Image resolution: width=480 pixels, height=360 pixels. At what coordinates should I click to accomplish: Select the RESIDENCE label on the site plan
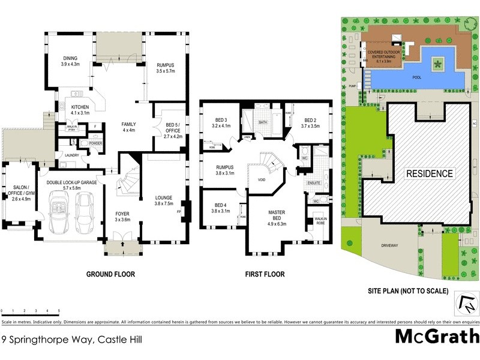430,173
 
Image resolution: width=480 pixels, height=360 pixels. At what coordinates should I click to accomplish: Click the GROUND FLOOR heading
110,274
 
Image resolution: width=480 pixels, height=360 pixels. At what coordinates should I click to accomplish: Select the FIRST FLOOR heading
264,274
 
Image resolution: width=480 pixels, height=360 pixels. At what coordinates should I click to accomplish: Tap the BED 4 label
221,208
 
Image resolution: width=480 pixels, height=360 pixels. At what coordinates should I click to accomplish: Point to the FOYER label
122,216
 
